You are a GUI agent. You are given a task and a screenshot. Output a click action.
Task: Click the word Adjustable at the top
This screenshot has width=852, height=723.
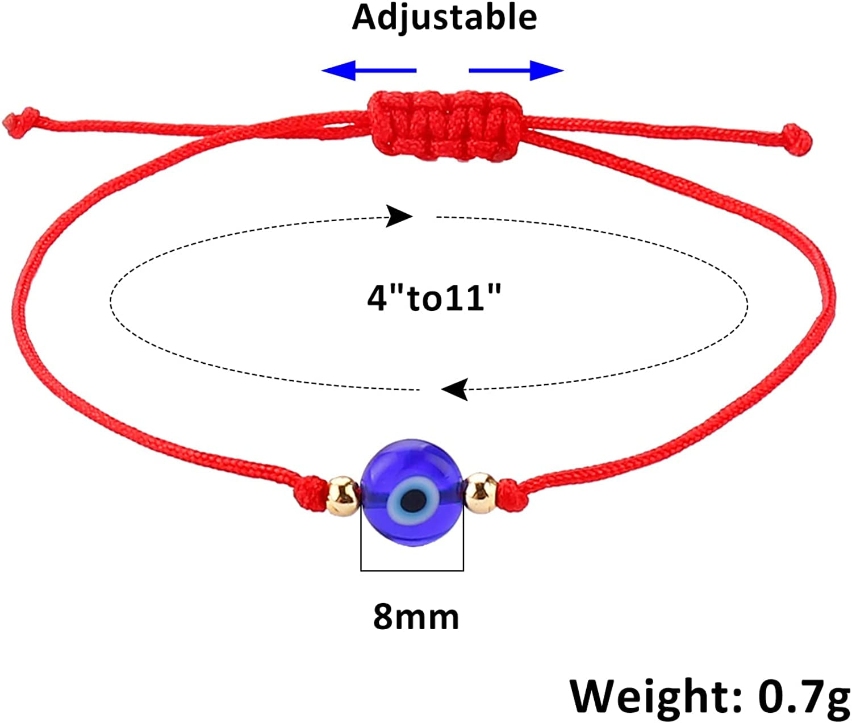tap(444, 17)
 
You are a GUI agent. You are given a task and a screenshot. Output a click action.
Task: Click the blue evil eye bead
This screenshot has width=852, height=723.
tap(412, 489)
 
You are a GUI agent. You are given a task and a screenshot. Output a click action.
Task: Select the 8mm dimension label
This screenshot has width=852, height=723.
tap(416, 617)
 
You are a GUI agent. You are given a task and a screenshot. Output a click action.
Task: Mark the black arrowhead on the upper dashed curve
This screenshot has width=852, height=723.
tap(399, 216)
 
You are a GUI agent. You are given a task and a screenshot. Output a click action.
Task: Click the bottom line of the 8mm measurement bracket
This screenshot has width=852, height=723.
tap(412, 570)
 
